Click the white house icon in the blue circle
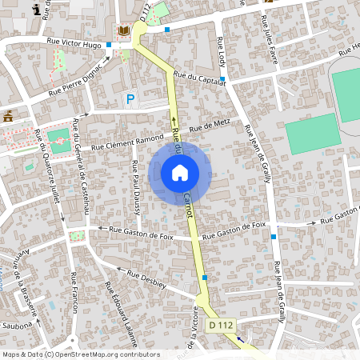[180, 173]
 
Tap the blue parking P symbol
[130, 98]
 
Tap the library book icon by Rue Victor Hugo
[122, 31]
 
